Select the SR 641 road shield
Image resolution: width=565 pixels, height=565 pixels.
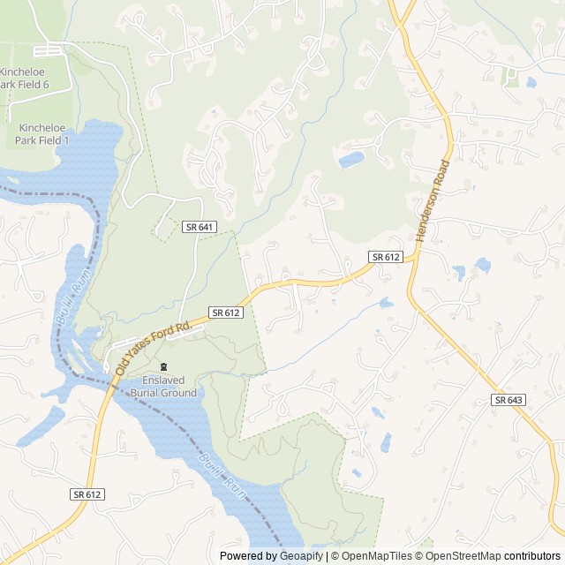200,227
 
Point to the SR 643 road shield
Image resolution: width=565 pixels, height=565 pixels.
508,400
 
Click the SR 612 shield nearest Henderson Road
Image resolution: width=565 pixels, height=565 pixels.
386,257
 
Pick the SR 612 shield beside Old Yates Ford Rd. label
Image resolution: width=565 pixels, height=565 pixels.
226,313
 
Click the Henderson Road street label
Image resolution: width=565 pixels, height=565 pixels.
433,202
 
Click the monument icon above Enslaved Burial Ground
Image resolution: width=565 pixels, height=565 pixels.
162,366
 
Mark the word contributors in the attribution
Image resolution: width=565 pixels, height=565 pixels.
532,556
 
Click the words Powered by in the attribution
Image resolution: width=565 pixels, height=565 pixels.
246,556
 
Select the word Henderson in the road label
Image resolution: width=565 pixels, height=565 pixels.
429,211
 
